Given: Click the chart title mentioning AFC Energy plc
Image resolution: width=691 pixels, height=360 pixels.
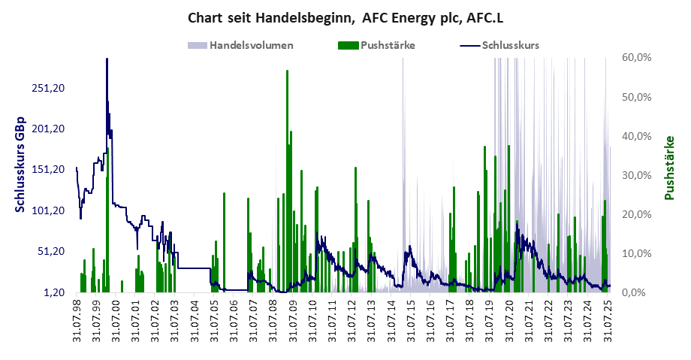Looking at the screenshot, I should click(345, 17).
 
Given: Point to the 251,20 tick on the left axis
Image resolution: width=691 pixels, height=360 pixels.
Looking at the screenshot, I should click(47, 87).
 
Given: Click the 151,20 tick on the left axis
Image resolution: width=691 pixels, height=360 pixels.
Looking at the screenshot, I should click(47, 169).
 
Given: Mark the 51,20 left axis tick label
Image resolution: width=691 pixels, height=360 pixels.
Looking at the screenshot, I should click(50, 251).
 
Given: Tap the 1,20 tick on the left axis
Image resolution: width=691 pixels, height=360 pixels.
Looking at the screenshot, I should click(53, 292).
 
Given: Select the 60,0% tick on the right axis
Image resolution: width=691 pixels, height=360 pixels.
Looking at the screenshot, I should click(636, 58).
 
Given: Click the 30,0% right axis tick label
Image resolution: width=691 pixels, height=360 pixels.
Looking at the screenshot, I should click(636, 175).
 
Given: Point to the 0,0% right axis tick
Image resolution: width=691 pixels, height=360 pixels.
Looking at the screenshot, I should click(639, 292).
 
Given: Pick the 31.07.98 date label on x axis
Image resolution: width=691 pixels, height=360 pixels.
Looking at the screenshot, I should click(77, 321).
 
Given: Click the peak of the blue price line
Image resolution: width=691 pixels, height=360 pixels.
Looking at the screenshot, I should click(107, 59).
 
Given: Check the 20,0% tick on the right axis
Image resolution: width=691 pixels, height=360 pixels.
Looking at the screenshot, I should click(636, 214).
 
